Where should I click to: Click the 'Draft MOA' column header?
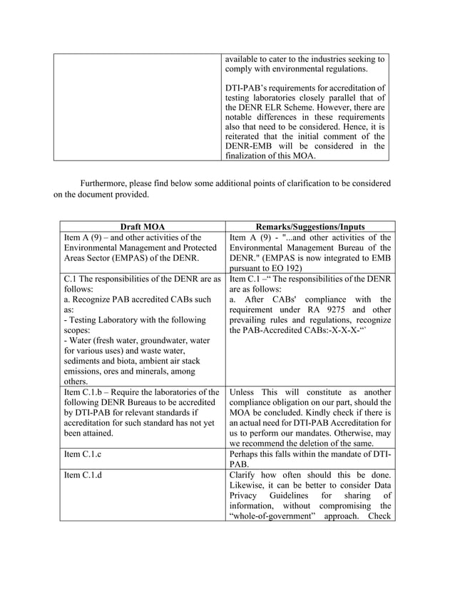coord(142,227)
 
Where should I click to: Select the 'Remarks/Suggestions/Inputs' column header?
coord(308,227)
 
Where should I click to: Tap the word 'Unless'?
coord(244,392)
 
